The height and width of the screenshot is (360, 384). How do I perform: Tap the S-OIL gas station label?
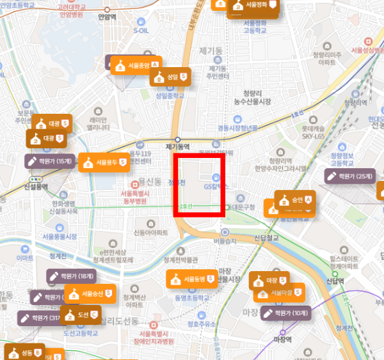coord(141,29)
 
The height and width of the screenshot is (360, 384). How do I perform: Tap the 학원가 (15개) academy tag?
coord(50,160)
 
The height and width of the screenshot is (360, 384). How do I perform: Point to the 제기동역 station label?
coord(178,146)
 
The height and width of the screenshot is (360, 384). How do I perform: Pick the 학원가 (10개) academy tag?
coord(286,313)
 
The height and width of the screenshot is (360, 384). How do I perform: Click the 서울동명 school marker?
coord(195,279)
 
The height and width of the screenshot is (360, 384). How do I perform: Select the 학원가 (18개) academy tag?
coord(71,277)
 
